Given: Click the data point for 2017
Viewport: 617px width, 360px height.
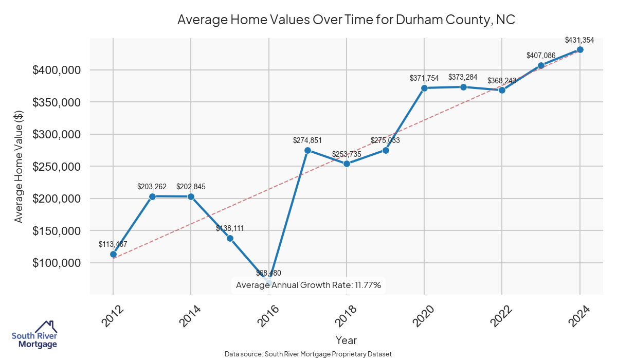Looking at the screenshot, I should (307, 150).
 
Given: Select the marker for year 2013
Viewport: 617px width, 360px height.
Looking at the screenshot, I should (152, 196).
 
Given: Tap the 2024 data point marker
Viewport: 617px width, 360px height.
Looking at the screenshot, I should (580, 49).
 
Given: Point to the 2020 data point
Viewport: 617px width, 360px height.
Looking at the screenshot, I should (424, 88).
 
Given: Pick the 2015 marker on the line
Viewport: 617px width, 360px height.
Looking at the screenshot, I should (230, 238).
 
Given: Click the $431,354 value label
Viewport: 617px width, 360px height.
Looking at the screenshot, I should (579, 40).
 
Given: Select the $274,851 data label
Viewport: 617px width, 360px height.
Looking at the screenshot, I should (307, 140).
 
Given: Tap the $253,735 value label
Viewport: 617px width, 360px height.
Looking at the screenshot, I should (347, 154).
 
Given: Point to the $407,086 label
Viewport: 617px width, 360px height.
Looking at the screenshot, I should (541, 56).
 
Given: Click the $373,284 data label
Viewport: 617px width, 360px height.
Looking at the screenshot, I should (463, 77).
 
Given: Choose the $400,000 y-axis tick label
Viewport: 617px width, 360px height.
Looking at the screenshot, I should (57, 70).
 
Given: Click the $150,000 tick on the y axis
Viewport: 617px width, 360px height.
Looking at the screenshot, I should (57, 231).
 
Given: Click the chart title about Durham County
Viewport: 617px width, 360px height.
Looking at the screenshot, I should (346, 20).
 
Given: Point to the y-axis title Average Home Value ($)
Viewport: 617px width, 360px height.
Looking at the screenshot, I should (19, 166).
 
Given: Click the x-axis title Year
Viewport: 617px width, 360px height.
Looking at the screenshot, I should (346, 340).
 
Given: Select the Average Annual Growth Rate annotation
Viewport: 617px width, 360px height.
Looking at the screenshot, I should (308, 285).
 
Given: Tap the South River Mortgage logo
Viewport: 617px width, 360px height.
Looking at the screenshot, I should (34, 335).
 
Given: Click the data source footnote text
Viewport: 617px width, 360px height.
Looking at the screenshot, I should (308, 354).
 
